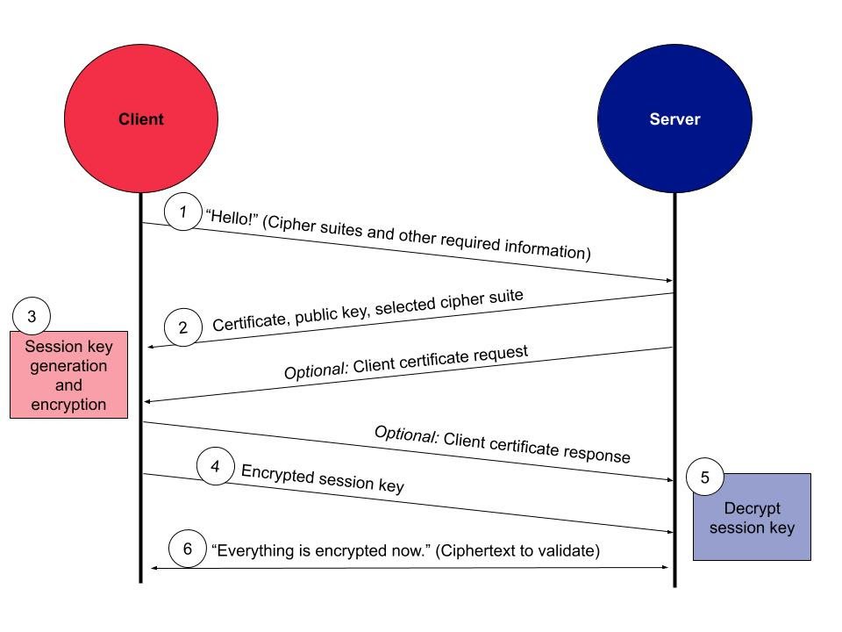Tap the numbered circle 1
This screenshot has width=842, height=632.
pyautogui.click(x=183, y=212)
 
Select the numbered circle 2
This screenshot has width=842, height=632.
pyautogui.click(x=183, y=328)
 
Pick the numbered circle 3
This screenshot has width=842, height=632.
pyautogui.click(x=32, y=316)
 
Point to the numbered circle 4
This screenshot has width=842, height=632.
pyautogui.click(x=216, y=466)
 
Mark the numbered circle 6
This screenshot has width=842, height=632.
pyautogui.click(x=187, y=549)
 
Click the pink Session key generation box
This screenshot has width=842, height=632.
pyautogui.click(x=68, y=375)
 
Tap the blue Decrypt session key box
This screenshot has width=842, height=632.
pyautogui.click(x=752, y=517)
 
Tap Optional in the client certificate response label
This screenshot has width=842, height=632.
pyautogui.click(x=406, y=434)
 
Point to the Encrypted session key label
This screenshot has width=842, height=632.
pyautogui.click(x=322, y=478)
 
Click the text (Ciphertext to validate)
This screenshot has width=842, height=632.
pyautogui.click(x=517, y=550)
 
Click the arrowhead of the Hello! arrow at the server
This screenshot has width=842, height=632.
pyautogui.click(x=668, y=280)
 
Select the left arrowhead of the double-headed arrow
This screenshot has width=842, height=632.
pyautogui.click(x=154, y=568)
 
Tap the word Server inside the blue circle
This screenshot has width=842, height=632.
pyautogui.click(x=674, y=119)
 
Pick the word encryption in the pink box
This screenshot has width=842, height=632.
pyautogui.click(x=68, y=405)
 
